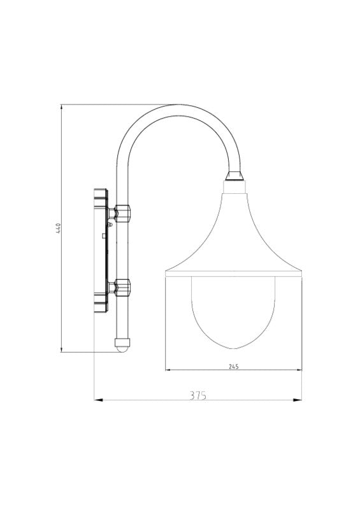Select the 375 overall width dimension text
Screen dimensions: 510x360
click(198, 395)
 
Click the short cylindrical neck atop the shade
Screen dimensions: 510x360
click(233, 186)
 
